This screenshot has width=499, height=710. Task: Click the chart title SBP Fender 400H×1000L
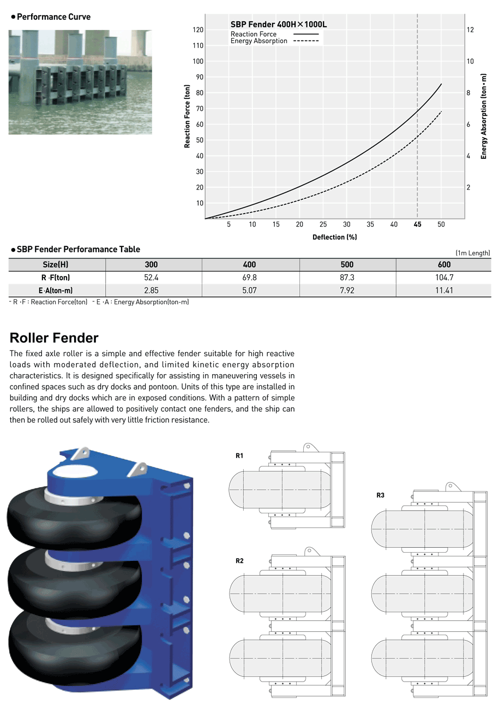coord(279,25)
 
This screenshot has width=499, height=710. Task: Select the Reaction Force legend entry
coord(274,34)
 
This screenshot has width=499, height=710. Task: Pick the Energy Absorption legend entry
coord(274,41)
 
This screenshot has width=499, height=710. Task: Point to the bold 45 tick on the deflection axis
coord(417,224)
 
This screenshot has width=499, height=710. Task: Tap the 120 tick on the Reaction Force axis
coord(198,30)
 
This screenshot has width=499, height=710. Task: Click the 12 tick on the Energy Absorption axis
coord(470,30)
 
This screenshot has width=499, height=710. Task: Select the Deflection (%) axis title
coord(334,237)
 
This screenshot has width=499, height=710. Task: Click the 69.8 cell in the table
coord(249,277)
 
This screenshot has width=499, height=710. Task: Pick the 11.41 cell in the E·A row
coord(444,291)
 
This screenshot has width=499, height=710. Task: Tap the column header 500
coord(347,265)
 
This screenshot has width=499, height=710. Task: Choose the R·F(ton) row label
coord(56,277)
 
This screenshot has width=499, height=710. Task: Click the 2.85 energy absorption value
coord(151,291)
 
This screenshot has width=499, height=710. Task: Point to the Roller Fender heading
coord(54,338)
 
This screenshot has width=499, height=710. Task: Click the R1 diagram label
coord(239,456)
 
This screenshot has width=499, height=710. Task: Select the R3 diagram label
coord(380,495)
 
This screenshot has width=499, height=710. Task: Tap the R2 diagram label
coord(239,561)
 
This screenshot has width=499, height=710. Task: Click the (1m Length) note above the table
coord(473,253)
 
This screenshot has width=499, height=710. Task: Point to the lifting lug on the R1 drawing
coord(310,447)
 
